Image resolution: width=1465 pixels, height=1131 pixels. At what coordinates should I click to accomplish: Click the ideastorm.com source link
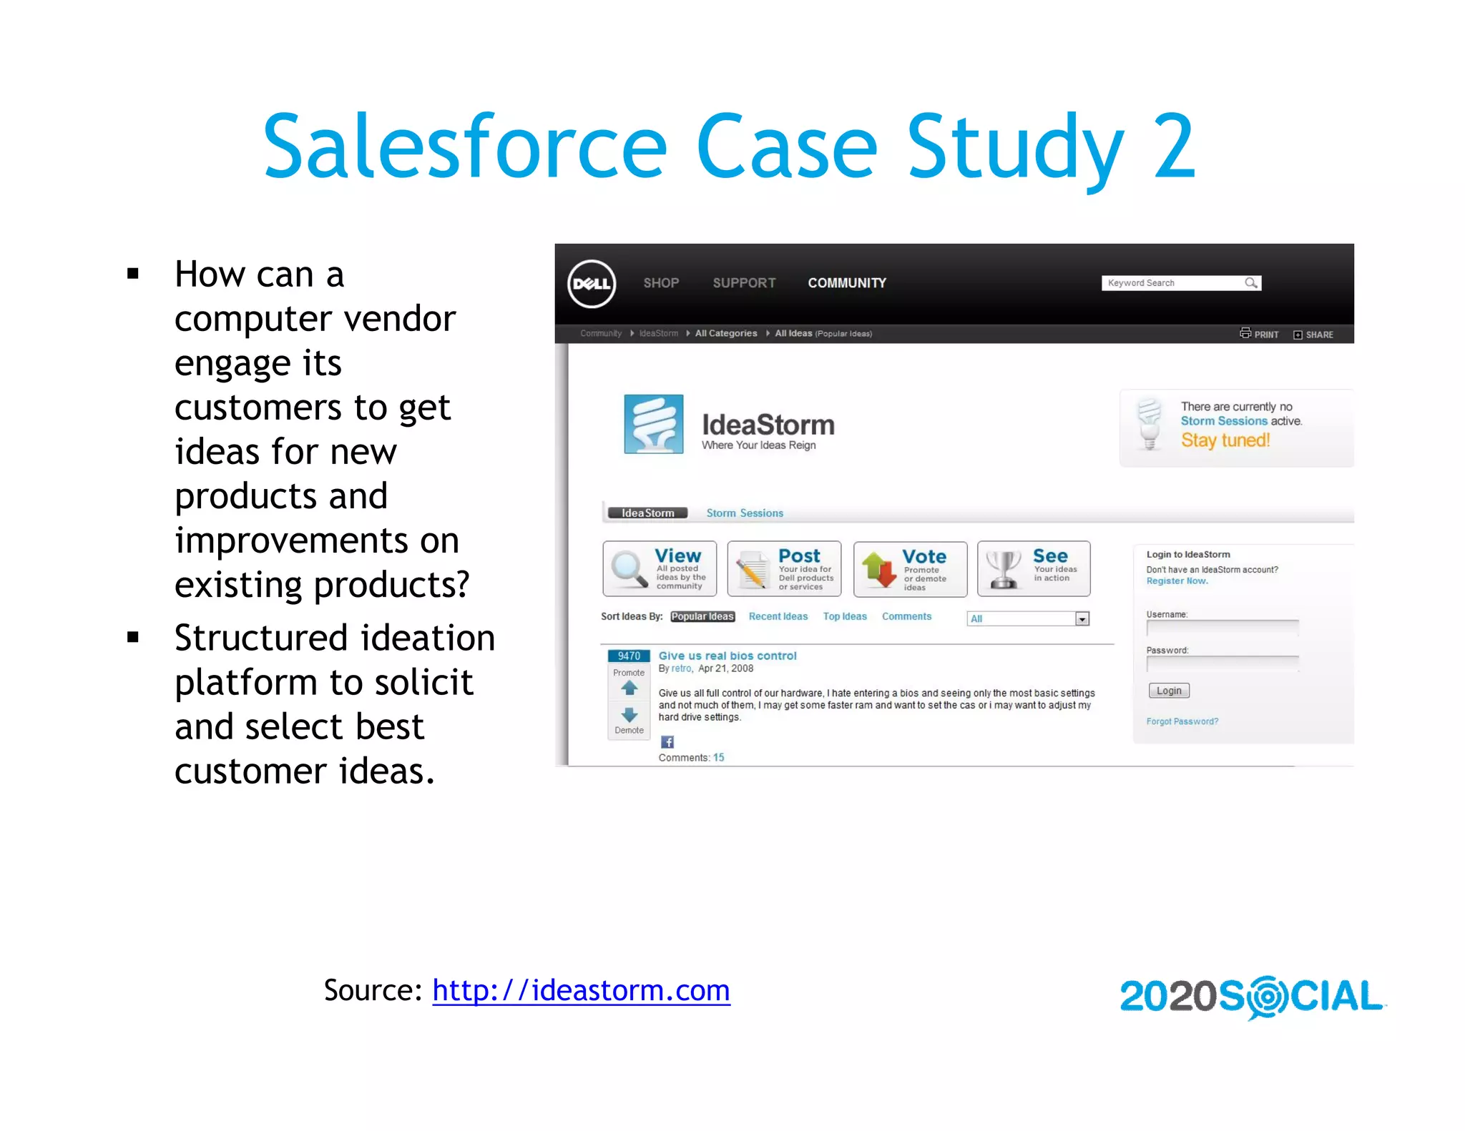click(x=581, y=990)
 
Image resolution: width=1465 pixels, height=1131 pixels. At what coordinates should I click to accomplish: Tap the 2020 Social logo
click(x=1252, y=997)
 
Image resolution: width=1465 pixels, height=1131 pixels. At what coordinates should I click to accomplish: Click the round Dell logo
click(x=592, y=284)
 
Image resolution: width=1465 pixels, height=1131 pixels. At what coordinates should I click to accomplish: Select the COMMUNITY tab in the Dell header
click(x=847, y=283)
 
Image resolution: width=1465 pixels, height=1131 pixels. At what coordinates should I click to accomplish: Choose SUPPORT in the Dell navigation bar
click(x=744, y=283)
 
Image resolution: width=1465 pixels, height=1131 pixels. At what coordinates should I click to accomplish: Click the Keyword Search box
click(x=1173, y=283)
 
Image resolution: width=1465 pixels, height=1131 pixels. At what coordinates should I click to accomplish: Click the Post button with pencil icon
click(x=784, y=569)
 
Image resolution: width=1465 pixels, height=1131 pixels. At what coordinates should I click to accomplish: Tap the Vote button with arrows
click(x=910, y=569)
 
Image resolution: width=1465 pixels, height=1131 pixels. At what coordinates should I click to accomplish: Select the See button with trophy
click(x=1034, y=569)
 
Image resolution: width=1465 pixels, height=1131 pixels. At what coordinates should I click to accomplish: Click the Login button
click(x=1169, y=691)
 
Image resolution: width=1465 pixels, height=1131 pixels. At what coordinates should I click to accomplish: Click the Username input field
click(x=1222, y=628)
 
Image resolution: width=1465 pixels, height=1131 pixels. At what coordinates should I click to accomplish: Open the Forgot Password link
click(x=1182, y=721)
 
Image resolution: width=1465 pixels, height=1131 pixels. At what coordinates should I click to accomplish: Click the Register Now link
click(x=1177, y=581)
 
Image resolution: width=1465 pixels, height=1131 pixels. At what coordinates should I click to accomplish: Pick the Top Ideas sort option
click(x=845, y=616)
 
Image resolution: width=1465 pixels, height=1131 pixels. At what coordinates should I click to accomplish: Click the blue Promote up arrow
click(x=629, y=688)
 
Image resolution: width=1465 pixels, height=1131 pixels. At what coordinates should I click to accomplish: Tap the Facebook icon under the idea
click(x=667, y=742)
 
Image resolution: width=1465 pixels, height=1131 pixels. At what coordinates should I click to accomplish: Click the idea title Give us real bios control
click(x=727, y=656)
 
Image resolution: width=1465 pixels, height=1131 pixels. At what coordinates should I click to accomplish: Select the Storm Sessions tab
click(x=745, y=513)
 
